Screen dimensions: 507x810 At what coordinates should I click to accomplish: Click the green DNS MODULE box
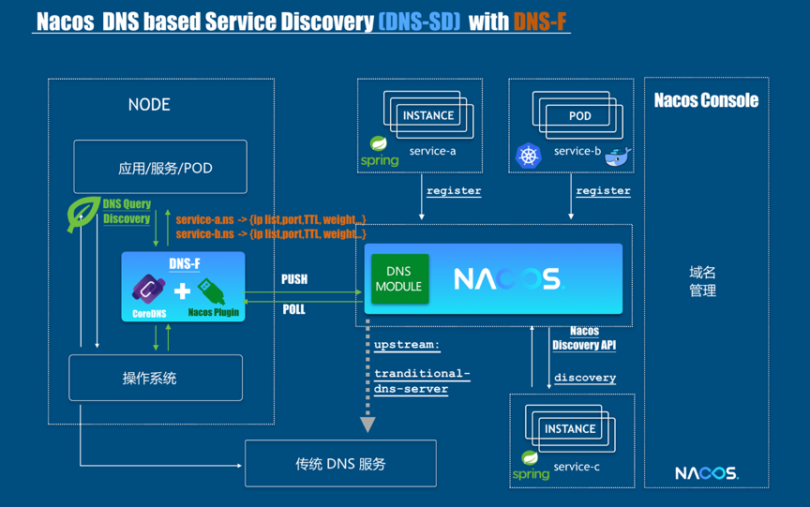coord(399,279)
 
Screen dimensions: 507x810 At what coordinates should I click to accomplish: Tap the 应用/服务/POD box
coord(160,167)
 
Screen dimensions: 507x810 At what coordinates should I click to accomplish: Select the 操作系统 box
coord(156,378)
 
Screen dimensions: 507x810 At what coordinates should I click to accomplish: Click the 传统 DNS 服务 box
coord(340,463)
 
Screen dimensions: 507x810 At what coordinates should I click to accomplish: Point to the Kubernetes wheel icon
coord(528,156)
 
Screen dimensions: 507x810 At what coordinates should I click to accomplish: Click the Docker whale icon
coord(618,157)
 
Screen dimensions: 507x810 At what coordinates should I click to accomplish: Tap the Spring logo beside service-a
coord(379,152)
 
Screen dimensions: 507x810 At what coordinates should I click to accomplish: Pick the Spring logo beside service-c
coord(531,466)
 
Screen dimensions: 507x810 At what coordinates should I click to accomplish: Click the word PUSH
coord(294,279)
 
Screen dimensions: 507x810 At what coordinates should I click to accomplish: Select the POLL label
coord(294,308)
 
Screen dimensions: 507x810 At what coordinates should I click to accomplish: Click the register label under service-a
coord(454,191)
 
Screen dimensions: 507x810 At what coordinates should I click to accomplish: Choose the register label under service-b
coord(603,191)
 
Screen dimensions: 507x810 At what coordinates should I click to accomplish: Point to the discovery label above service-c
coord(585,378)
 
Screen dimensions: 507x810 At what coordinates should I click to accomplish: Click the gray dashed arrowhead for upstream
coord(368,425)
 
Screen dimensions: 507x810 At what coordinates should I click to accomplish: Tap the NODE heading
coord(149,105)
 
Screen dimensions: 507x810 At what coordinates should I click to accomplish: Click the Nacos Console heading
coord(706,100)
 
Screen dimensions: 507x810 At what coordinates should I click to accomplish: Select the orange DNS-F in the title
coord(540,21)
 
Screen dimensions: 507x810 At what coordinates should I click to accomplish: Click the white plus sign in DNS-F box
coord(183,291)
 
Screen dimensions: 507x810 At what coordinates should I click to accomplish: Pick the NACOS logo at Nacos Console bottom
coord(706,473)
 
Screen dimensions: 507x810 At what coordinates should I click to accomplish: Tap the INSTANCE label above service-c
coord(570,428)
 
